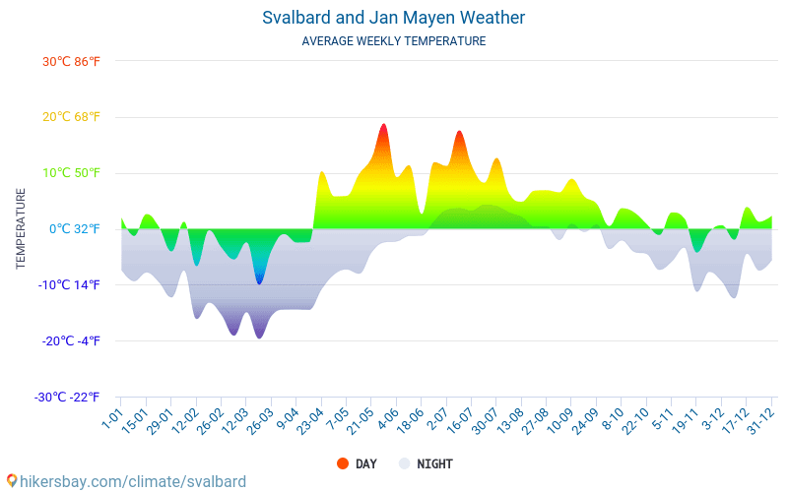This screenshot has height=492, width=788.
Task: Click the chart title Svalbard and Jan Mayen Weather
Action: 393,18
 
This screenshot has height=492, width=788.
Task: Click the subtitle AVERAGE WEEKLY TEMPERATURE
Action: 393,41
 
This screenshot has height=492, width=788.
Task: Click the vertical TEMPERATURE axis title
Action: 21,229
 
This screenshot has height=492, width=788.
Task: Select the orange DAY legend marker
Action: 342,463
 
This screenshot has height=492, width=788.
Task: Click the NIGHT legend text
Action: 434,463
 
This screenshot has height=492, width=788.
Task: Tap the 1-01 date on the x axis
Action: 111,420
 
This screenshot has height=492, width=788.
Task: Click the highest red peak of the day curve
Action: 383,126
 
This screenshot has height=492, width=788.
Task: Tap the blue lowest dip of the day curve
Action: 259,282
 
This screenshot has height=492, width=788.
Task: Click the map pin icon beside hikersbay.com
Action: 11,481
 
